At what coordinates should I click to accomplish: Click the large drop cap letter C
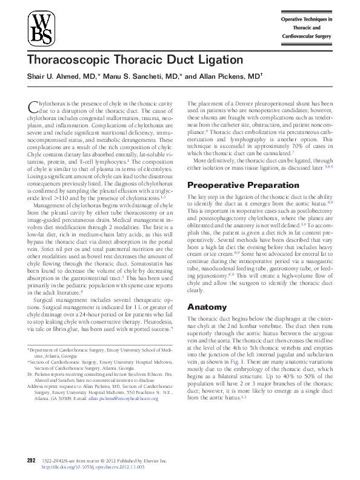click(x=33, y=107)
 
